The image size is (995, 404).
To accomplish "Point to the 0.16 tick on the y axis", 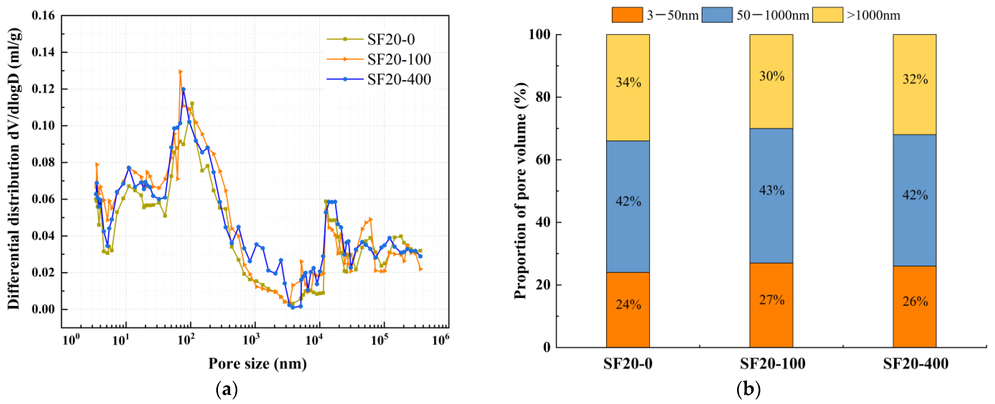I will click(x=43, y=16).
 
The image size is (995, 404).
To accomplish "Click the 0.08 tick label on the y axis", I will click(x=43, y=162).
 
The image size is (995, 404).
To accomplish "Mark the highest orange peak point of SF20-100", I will click(x=180, y=72).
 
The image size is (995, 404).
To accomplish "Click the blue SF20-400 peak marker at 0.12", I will click(x=183, y=89).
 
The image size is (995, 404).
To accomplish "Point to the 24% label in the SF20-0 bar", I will click(x=628, y=305).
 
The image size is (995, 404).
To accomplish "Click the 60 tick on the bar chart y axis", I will click(x=543, y=159).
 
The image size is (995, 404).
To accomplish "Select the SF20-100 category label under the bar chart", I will click(x=773, y=364).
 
